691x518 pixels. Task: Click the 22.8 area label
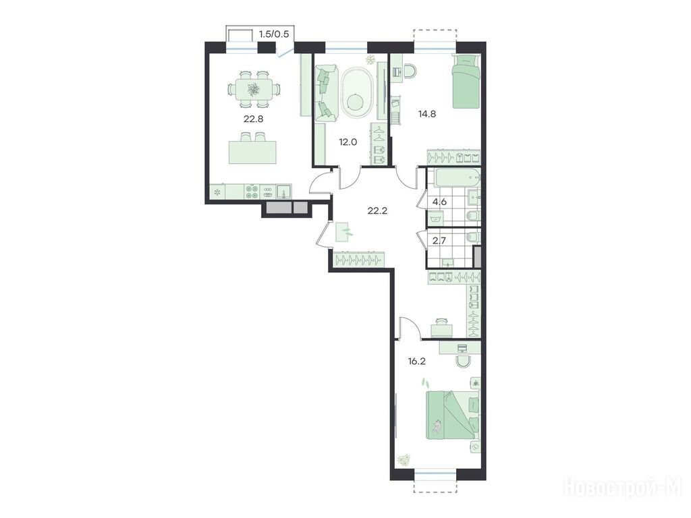254,119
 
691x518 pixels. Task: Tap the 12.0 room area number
348,142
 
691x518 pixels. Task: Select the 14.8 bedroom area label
426,114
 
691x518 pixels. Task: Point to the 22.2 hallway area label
377,210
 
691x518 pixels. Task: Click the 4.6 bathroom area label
439,202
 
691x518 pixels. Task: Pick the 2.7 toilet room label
439,241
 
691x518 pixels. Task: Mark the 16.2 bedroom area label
416,362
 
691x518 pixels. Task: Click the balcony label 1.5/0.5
274,34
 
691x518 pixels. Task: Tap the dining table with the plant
254,90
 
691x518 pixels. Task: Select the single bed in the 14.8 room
466,81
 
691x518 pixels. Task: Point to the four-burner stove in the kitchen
252,192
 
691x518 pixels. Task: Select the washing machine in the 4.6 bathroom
435,218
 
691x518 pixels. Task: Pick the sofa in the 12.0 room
326,92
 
